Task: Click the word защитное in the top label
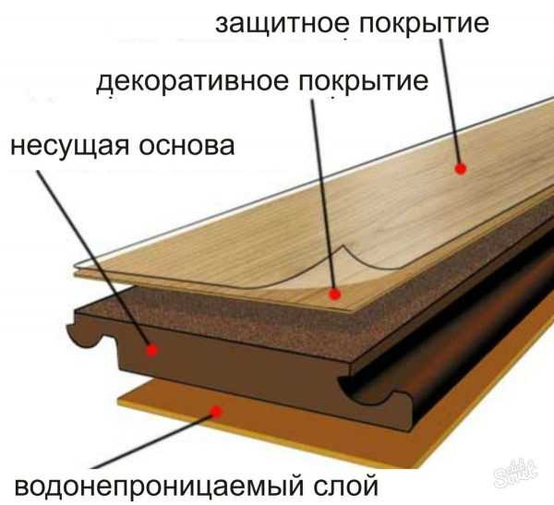(x=280, y=24)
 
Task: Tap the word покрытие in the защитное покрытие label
(x=425, y=25)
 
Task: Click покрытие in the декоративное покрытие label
(x=364, y=83)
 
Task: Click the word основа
(x=187, y=146)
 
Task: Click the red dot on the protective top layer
(x=460, y=169)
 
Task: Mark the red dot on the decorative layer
(x=334, y=294)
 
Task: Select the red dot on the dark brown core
(x=152, y=350)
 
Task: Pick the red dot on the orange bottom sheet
(x=216, y=412)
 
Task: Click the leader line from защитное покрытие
(x=450, y=102)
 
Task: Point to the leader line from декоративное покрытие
(x=323, y=195)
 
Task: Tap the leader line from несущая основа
(x=94, y=259)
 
